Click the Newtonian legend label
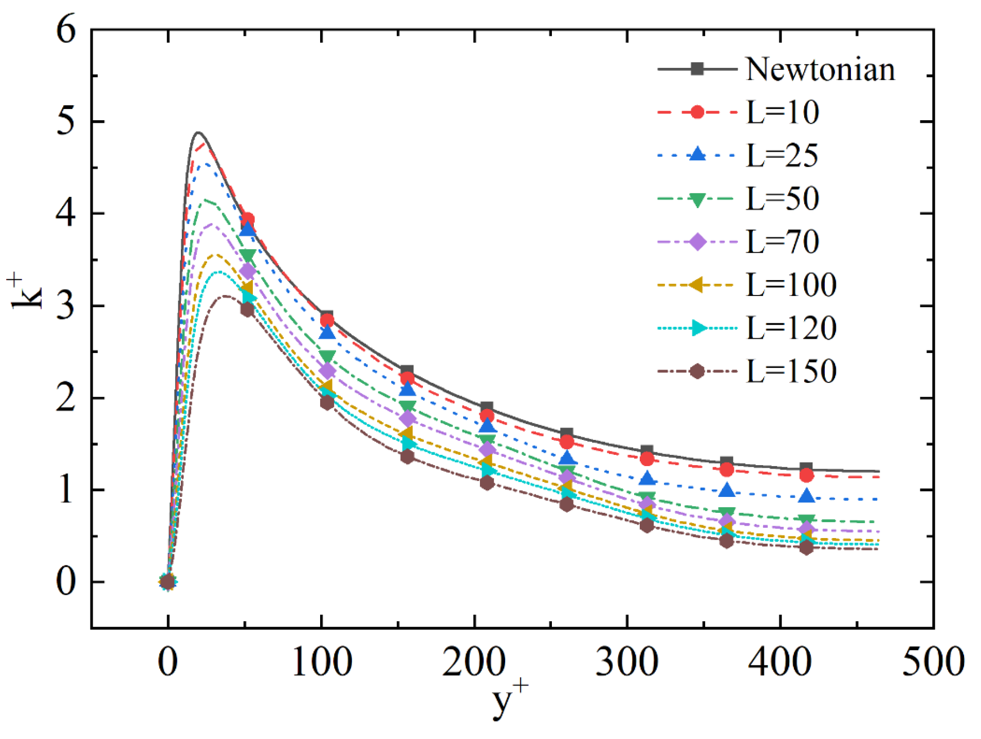coord(820,69)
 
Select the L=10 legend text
coord(782,112)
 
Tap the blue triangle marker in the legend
coord(697,154)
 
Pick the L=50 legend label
coord(782,198)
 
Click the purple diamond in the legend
coord(697,241)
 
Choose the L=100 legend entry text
coord(791,284)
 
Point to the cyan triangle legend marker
coord(698,327)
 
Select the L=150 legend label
coord(791,371)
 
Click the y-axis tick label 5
coord(66,122)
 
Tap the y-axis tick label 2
coord(66,398)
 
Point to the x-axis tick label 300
coord(626,661)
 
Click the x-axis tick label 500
coord(933,661)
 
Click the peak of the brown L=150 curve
coord(225,295)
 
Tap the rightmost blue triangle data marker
coord(806,496)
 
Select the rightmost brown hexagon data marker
coord(806,548)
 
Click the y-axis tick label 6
coord(66,30)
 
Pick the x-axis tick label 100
coord(321,661)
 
